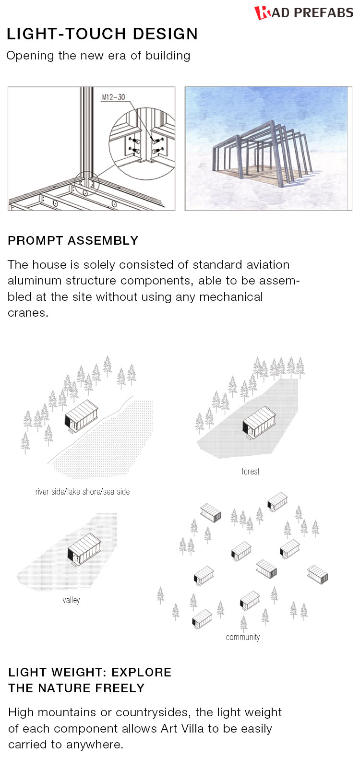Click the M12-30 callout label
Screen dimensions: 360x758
click(x=113, y=97)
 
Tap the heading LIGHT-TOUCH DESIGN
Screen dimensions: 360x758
click(x=102, y=34)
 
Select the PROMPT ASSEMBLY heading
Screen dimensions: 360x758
click(x=73, y=241)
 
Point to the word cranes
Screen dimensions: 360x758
click(x=28, y=313)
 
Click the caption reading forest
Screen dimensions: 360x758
click(x=250, y=472)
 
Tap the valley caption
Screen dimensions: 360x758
click(x=71, y=600)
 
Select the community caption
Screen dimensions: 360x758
click(x=243, y=637)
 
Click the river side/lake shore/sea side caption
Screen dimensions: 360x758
click(x=83, y=492)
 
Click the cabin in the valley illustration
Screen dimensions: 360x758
click(x=84, y=550)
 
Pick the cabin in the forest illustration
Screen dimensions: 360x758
click(x=259, y=423)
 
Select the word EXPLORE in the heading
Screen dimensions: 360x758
click(x=142, y=673)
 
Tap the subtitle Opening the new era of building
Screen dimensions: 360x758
click(x=98, y=56)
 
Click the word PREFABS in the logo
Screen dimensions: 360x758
click(x=324, y=13)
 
